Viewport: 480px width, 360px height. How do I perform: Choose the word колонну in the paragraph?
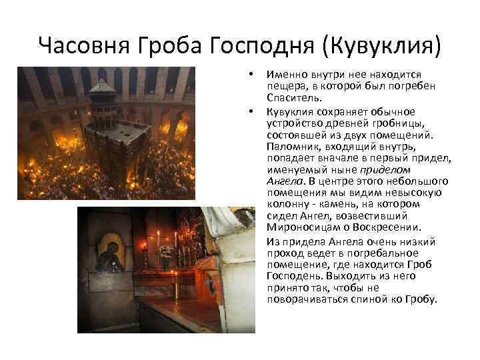coord(288,203)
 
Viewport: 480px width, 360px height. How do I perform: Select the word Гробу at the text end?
coord(421,299)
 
